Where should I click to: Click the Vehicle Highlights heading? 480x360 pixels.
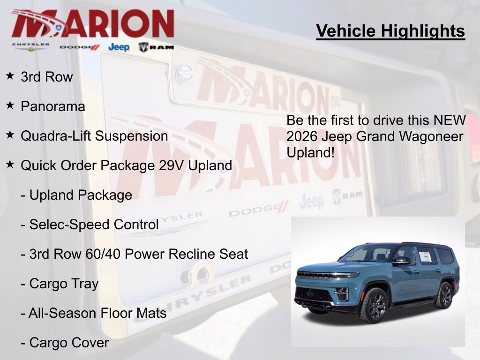390,31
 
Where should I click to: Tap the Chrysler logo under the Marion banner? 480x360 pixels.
30,46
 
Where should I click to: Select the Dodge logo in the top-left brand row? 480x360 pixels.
80,47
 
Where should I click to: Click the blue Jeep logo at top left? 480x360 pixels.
119,47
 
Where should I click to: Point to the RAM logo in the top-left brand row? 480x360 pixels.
156,47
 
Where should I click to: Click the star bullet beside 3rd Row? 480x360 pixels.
10,75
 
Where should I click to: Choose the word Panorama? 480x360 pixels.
53,106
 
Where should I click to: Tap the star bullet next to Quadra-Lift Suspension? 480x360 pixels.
10,135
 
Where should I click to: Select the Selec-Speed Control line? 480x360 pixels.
90,225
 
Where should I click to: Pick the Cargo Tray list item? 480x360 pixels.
60,284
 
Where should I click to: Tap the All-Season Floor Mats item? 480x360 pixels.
94,313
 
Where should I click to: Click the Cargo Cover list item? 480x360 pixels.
65,343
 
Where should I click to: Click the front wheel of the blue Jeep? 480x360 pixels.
374,305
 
